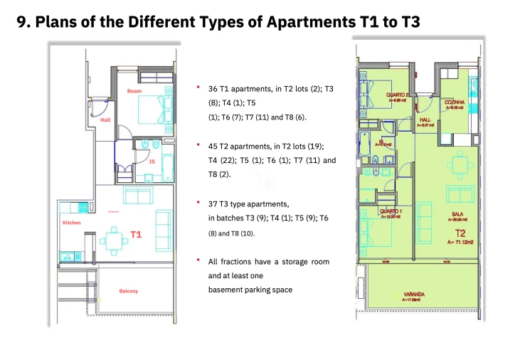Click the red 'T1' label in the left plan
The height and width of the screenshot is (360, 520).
point(136,233)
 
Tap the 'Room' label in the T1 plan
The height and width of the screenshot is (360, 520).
point(134,91)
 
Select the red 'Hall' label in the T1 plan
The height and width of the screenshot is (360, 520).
point(105,120)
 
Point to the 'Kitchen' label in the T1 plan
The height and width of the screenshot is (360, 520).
point(72,223)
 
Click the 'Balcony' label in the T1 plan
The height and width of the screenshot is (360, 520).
point(129,291)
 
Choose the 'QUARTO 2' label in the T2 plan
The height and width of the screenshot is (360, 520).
point(398,95)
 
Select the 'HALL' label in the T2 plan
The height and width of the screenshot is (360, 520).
point(426,120)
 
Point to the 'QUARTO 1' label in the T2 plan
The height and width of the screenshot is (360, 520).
point(391,211)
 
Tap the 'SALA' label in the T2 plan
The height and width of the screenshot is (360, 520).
point(458,213)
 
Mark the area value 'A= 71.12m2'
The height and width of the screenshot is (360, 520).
point(461,242)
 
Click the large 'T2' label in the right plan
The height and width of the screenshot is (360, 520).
point(461,232)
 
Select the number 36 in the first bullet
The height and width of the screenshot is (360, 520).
point(213,90)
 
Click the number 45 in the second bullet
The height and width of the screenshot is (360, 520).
point(213,146)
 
